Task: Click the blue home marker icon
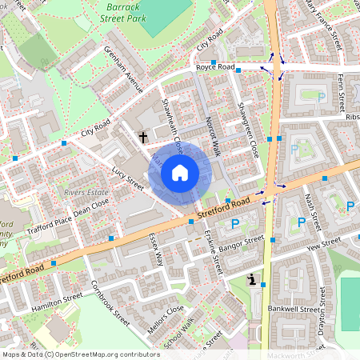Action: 180,172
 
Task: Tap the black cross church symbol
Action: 143,138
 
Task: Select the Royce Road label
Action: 215,69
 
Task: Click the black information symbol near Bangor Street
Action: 254,281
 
